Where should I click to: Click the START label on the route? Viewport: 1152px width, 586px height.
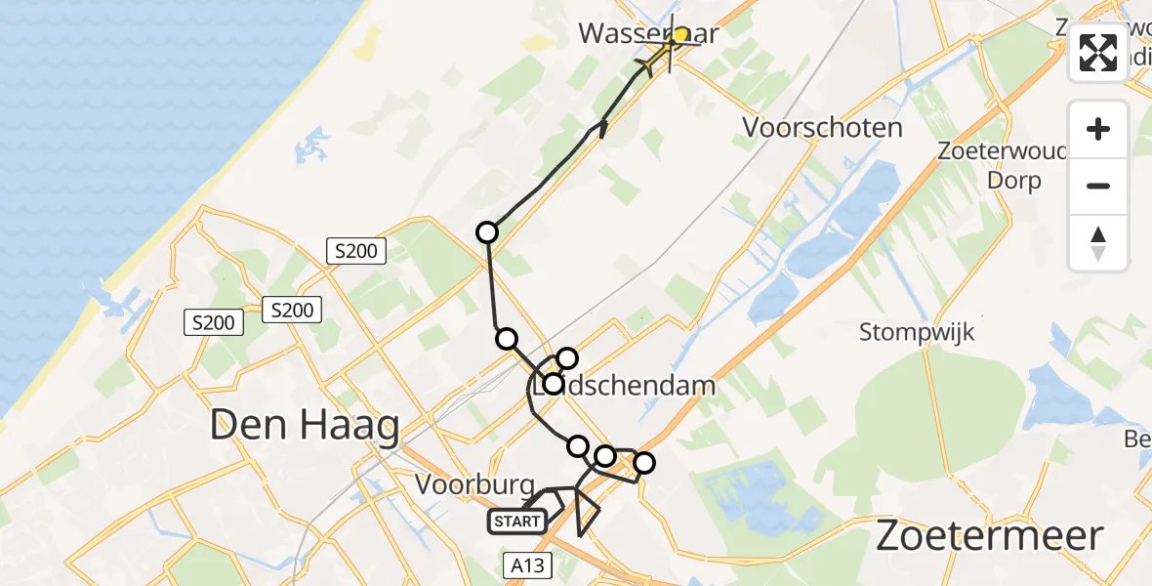pos(516,522)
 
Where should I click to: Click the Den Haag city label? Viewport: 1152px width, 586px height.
pos(306,427)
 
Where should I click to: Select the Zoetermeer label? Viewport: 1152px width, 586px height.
pos(989,536)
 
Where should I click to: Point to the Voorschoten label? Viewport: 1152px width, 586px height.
pos(822,128)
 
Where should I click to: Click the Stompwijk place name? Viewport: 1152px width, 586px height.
pos(917,332)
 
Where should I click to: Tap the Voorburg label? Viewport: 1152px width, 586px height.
pos(474,484)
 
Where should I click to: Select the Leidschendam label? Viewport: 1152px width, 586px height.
pos(625,385)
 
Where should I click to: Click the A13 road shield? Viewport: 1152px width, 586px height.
pos(529,565)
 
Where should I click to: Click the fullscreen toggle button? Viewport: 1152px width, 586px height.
pos(1098,53)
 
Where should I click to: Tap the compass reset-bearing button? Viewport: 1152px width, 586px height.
pos(1098,243)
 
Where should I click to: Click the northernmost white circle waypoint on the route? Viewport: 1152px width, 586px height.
pos(486,232)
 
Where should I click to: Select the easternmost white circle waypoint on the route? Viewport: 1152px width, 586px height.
pos(643,463)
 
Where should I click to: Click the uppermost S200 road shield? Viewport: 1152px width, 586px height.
pos(356,251)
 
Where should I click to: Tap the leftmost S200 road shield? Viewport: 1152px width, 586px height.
pos(214,321)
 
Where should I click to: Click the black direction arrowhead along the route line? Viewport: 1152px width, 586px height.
pos(602,128)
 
